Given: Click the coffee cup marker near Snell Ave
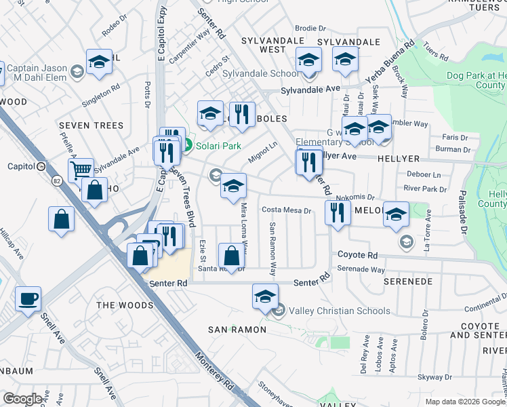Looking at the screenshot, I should [28, 299].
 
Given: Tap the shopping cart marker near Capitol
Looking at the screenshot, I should [81, 170].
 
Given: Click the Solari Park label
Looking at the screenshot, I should [218, 145].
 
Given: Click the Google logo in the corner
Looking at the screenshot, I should [22, 399].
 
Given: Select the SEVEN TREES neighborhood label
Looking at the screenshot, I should [92, 125].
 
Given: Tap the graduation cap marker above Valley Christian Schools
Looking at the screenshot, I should [265, 296].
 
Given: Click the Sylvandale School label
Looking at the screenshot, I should [260, 73].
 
